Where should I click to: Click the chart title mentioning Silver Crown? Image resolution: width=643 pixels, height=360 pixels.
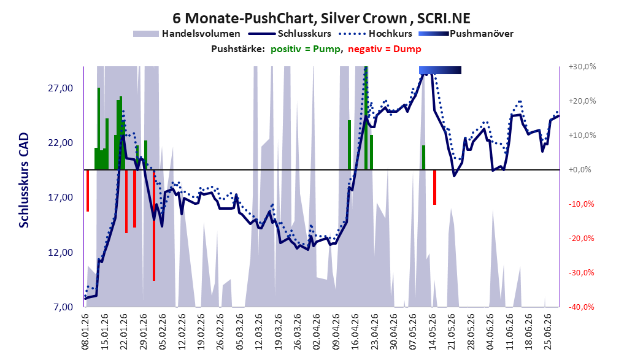click(321, 18)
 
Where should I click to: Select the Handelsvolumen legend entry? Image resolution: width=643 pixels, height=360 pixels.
click(187, 34)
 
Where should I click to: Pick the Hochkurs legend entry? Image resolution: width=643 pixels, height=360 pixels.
click(375, 34)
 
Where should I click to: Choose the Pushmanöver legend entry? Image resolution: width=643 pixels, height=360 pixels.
click(466, 34)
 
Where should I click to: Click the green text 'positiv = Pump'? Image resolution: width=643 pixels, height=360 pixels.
click(306, 49)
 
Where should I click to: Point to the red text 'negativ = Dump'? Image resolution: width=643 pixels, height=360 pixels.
click(385, 49)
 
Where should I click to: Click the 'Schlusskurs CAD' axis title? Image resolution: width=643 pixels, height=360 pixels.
click(24, 180)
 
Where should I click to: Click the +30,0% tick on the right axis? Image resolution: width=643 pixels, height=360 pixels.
click(582, 66)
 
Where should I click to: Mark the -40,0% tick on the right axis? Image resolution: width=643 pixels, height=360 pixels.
click(581, 307)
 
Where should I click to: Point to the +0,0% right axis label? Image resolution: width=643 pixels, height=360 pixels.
click(580, 170)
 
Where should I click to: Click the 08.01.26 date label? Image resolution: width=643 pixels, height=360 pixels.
click(85, 332)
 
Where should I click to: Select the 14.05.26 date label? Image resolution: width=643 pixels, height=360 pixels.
click(432, 332)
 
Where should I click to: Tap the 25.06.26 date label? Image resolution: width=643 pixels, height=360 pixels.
click(547, 332)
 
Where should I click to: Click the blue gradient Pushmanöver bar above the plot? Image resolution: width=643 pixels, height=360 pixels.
click(440, 70)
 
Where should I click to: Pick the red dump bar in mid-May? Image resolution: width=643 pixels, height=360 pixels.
click(434, 187)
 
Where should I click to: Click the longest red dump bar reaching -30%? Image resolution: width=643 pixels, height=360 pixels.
click(154, 225)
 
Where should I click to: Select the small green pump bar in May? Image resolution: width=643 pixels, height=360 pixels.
click(423, 158)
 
